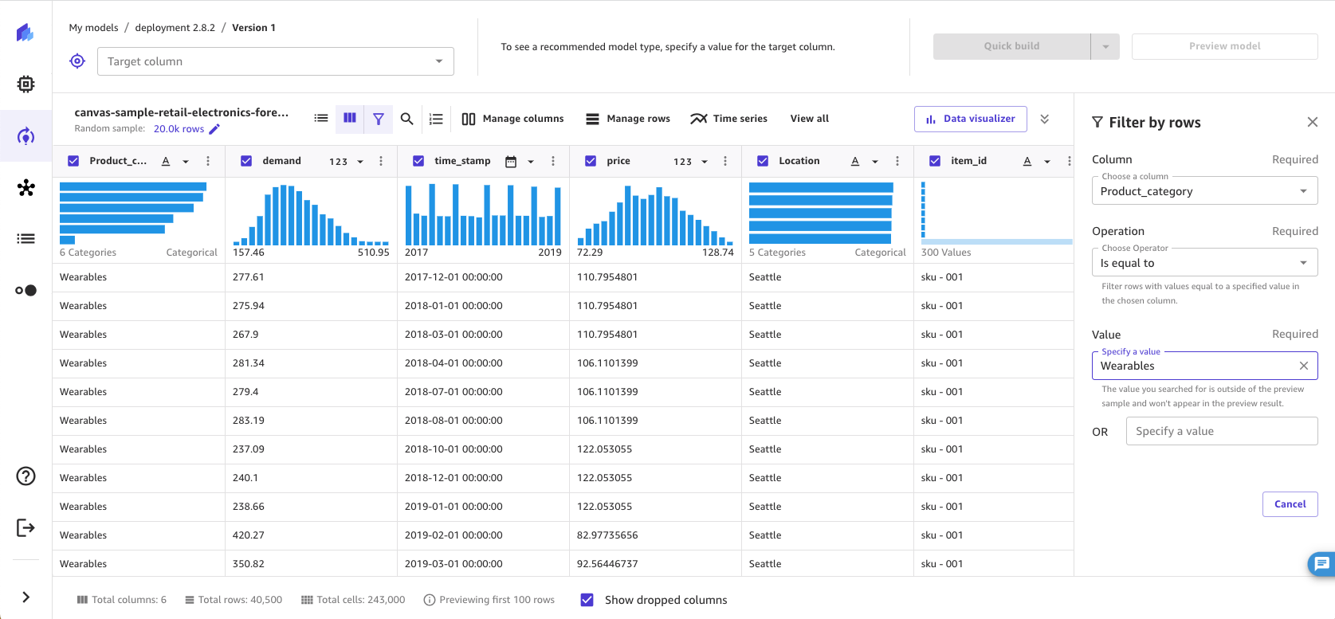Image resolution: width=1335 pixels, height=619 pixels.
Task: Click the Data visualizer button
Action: pyautogui.click(x=970, y=119)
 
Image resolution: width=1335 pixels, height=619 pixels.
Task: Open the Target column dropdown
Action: pyautogui.click(x=275, y=61)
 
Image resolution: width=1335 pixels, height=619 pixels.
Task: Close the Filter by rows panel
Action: pyautogui.click(x=1312, y=122)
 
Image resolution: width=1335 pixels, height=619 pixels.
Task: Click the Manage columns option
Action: pyautogui.click(x=512, y=119)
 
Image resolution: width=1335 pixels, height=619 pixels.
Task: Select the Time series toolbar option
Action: pyautogui.click(x=728, y=119)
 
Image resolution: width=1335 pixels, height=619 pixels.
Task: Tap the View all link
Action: pyautogui.click(x=809, y=119)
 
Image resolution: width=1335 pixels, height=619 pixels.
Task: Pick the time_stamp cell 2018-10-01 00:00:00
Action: pyautogui.click(x=454, y=449)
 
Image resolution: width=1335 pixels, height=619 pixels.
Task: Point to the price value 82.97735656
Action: pyautogui.click(x=607, y=535)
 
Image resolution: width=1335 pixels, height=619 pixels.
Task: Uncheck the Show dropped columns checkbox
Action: pyautogui.click(x=587, y=600)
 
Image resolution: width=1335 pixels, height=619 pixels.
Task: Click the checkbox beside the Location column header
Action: pyautogui.click(x=763, y=161)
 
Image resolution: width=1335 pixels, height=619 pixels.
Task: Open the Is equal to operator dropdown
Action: pyautogui.click(x=1203, y=263)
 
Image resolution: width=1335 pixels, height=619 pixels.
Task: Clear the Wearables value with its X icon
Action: pyautogui.click(x=1304, y=366)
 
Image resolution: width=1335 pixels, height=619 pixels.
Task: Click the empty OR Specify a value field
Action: pyautogui.click(x=1221, y=431)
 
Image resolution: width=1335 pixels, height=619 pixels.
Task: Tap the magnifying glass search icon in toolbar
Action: pyautogui.click(x=406, y=119)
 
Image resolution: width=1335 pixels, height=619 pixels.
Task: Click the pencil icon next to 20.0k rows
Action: pyautogui.click(x=214, y=129)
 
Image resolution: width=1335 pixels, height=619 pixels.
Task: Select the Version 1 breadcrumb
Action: pyautogui.click(x=253, y=28)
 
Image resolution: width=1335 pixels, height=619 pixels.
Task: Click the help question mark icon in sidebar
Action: pyautogui.click(x=26, y=476)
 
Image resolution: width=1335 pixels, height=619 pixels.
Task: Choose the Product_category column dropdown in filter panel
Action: pyautogui.click(x=1203, y=191)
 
